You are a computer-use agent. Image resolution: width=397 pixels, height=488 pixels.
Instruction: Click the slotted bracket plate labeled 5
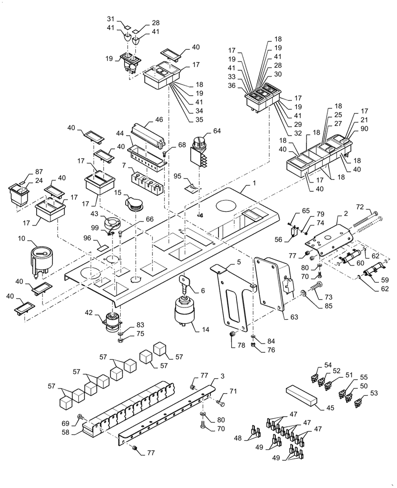click(232, 298)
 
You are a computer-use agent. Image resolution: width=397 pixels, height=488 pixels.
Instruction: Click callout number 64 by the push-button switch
click(217, 131)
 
